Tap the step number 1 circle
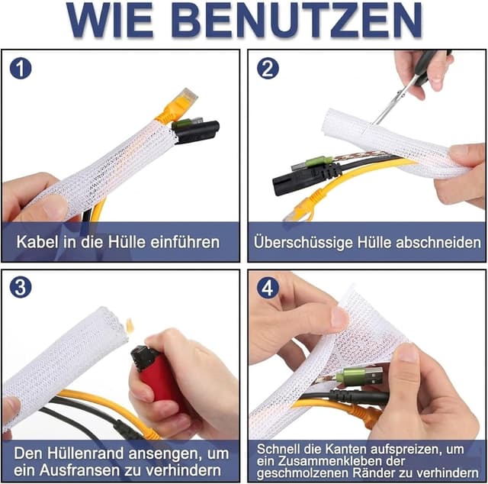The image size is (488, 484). point(21,69)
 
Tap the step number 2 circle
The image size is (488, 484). point(268,69)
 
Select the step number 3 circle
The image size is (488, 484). point(21,289)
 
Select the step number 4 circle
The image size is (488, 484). point(268,289)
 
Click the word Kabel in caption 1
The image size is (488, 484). point(38,243)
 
